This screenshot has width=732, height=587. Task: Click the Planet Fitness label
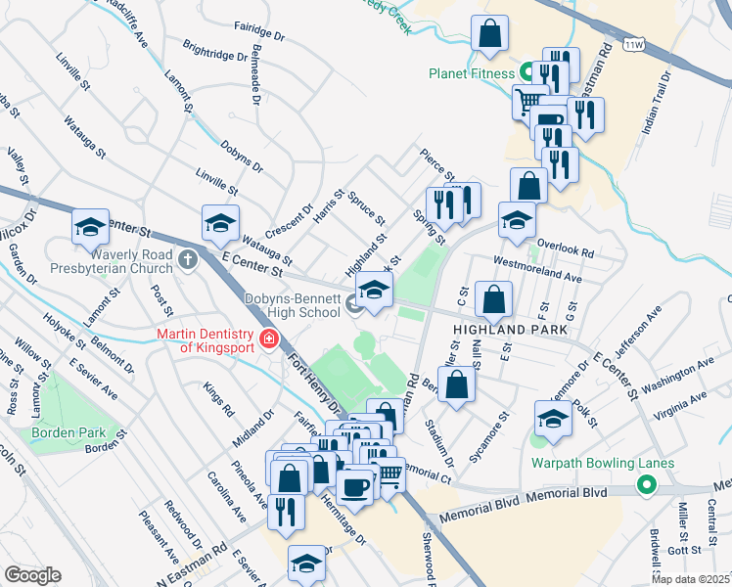(471, 73)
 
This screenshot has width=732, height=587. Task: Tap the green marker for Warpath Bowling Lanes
(646, 484)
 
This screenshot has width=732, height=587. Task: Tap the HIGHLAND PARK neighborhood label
(510, 331)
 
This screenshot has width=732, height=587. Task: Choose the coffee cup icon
(354, 486)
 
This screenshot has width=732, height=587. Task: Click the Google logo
(31, 575)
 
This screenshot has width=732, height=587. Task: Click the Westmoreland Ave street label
(537, 270)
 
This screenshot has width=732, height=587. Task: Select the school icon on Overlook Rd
(517, 220)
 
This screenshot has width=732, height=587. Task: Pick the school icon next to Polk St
(553, 420)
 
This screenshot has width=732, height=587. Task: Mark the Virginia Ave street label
(684, 402)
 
